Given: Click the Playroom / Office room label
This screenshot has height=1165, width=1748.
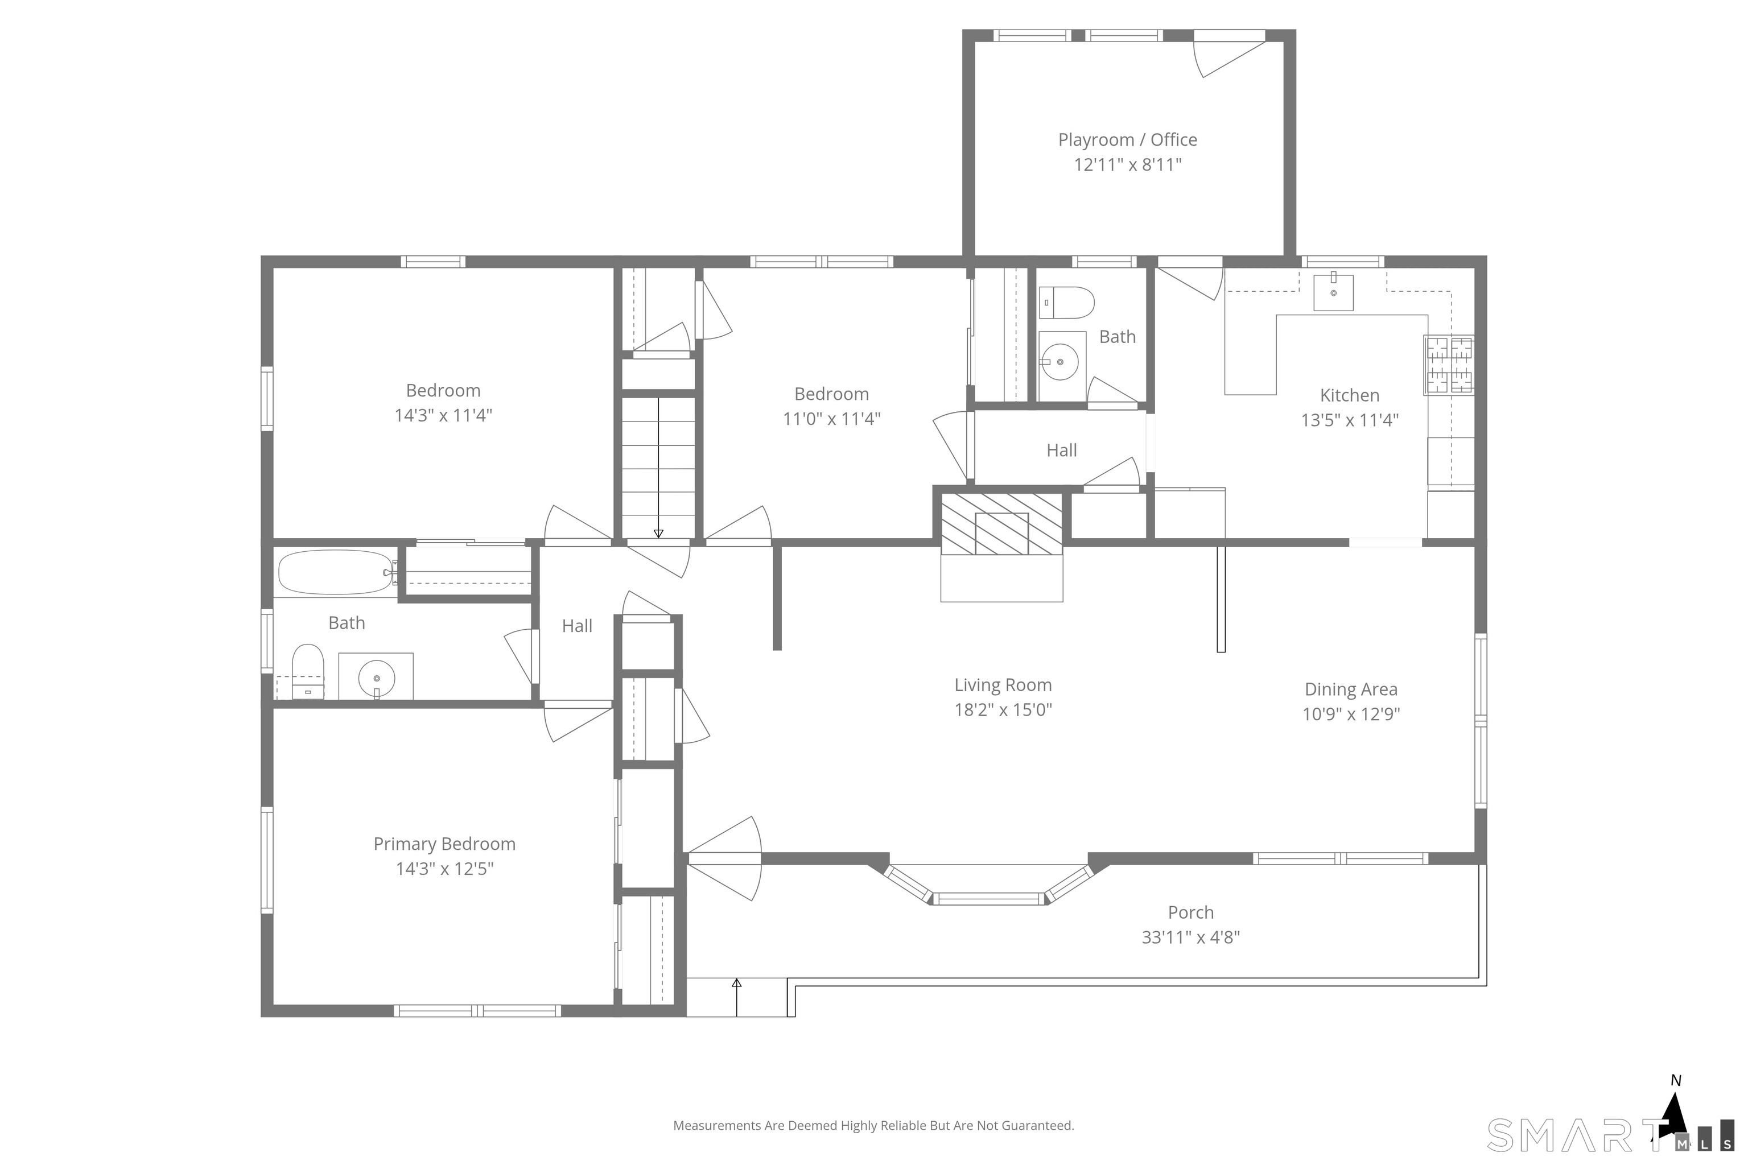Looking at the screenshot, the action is (1127, 140).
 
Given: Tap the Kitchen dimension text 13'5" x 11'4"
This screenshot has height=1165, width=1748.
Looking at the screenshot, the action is (1350, 420).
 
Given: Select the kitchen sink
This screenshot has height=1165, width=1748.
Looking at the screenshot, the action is (1333, 291).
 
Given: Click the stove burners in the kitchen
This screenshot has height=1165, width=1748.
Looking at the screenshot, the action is (1449, 365).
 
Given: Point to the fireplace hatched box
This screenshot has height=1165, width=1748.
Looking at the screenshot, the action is (1002, 524).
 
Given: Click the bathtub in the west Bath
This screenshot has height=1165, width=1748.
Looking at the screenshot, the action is (336, 572).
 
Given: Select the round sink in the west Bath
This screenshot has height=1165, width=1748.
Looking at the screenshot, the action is (377, 677).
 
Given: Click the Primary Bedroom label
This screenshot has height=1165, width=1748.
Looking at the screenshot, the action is (444, 844).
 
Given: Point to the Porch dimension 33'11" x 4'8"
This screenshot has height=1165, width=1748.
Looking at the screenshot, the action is (1190, 937).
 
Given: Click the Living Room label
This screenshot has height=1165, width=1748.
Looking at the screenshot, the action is (1003, 685).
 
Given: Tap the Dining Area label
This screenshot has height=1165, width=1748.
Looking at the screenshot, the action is (1351, 689).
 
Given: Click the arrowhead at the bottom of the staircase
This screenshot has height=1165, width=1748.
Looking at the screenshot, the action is (658, 534).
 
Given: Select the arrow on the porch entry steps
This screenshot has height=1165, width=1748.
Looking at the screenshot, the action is (736, 997).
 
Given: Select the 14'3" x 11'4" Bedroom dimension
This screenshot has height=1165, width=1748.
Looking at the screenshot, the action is (443, 415).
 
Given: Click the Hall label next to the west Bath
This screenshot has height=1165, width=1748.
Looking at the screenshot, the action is (577, 626).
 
